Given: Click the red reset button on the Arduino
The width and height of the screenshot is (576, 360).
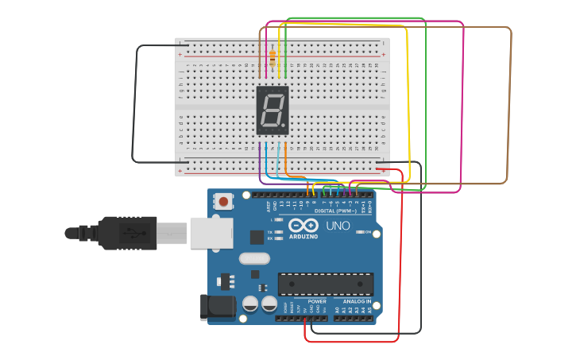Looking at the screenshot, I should [224, 201].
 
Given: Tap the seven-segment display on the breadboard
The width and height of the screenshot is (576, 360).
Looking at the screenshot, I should [272, 110].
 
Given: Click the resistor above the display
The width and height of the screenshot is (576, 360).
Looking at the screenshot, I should [273, 58].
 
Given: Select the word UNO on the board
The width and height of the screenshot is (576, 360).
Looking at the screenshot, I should [338, 226].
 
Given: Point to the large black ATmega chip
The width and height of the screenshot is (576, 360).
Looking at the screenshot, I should [325, 284].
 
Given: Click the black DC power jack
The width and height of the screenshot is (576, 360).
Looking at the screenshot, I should [218, 307].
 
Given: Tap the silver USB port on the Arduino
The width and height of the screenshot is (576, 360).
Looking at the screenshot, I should [211, 233].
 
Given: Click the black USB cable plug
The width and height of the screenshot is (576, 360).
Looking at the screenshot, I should [127, 233].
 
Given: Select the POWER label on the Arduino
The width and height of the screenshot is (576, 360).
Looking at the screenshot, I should [316, 301].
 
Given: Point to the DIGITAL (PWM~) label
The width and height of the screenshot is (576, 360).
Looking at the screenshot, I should [336, 211].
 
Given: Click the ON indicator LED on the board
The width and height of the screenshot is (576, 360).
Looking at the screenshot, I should [360, 232].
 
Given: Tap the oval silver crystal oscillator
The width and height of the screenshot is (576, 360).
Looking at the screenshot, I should [254, 257].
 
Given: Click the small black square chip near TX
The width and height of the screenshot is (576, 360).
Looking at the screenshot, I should [257, 237].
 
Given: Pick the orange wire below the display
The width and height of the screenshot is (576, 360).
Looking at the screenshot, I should [285, 159].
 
